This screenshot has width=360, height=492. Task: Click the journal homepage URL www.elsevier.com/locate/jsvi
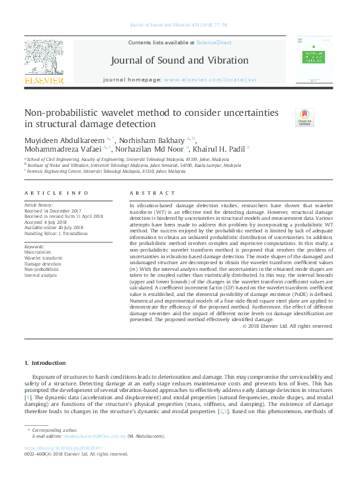[210, 79]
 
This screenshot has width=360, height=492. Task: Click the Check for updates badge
[285, 118]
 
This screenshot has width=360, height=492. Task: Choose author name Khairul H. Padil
[220, 149]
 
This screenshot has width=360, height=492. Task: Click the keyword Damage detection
[42, 264]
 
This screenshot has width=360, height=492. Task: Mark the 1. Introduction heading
[44, 363]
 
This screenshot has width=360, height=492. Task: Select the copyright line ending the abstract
[287, 326]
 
